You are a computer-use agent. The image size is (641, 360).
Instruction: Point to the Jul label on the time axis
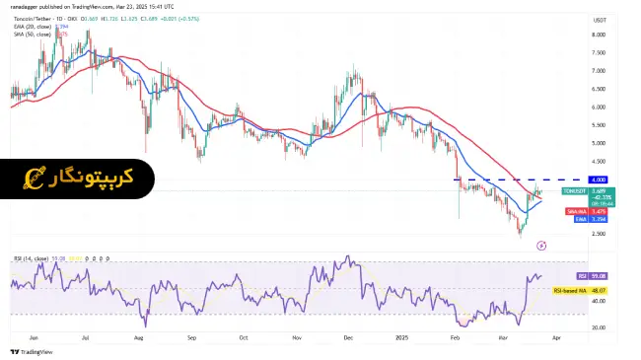click(87, 336)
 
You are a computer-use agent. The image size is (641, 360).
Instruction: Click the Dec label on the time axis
click(349, 336)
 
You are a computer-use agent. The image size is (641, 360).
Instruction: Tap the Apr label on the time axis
click(558, 336)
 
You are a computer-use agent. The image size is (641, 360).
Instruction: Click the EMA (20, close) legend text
click(32, 27)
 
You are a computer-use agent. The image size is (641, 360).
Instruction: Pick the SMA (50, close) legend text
click(32, 35)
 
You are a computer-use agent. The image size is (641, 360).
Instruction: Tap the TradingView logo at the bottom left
click(32, 351)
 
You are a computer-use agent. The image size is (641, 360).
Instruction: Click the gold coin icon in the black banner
click(32, 179)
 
